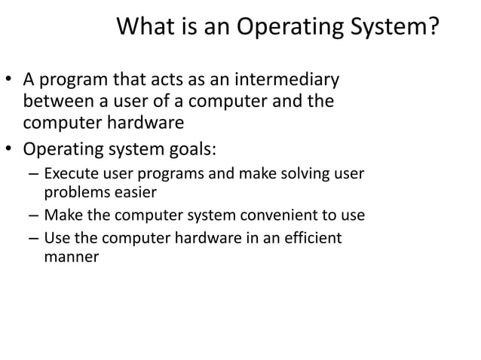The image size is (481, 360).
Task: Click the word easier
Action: (x=131, y=193)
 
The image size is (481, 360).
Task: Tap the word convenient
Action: (x=285, y=215)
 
